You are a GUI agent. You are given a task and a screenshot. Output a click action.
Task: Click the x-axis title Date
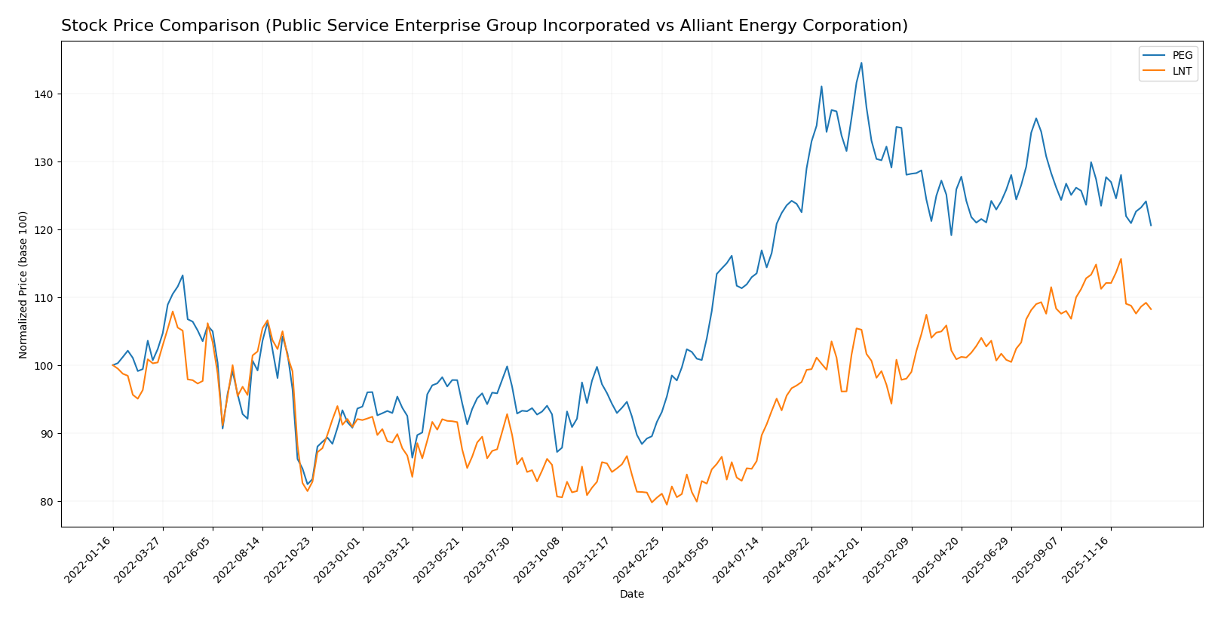tap(632, 595)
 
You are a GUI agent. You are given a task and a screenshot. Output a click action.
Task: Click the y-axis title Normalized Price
tap(23, 284)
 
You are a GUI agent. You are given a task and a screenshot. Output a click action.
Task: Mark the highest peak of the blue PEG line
tap(861, 63)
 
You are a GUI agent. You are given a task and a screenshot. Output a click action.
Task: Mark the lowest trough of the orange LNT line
tap(667, 505)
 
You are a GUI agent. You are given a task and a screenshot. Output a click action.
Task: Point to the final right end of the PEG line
tap(1151, 226)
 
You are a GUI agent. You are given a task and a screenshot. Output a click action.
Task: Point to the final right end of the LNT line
tap(1151, 309)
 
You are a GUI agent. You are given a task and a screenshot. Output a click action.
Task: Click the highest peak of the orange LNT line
tap(1121, 259)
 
